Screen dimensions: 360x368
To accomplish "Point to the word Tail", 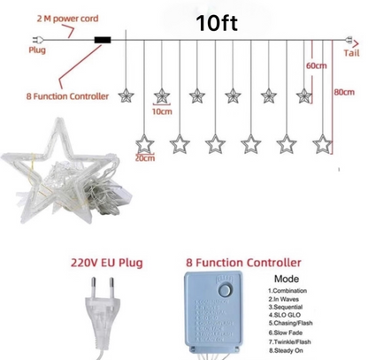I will pos(350,52).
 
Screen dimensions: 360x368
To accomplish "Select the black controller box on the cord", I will pos(103,40).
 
